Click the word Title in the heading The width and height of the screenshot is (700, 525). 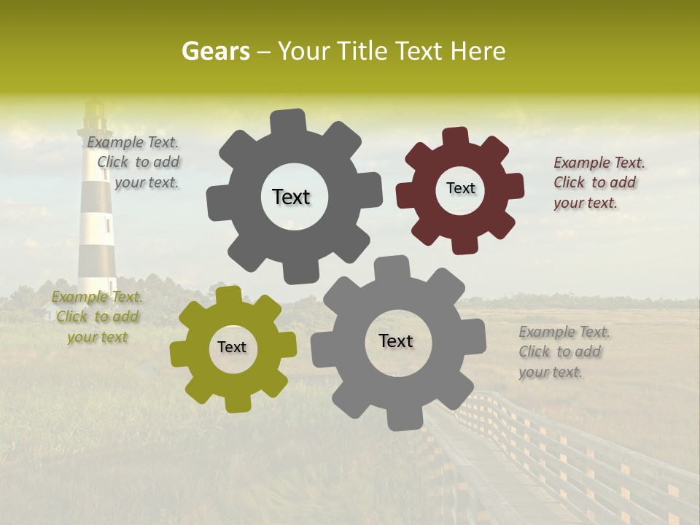tap(364, 51)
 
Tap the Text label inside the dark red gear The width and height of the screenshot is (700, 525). tap(460, 188)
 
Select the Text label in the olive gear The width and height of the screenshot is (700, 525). tap(232, 348)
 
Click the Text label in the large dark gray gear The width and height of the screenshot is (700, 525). tap(291, 197)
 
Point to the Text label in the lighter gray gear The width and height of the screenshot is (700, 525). tap(396, 341)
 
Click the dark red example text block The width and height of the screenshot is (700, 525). tap(599, 182)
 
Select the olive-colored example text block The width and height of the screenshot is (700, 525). tap(97, 316)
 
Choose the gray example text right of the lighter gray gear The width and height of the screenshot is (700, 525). tap(564, 351)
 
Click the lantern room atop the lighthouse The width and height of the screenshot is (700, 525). tap(94, 117)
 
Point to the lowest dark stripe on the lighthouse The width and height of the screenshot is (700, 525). tap(98, 263)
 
